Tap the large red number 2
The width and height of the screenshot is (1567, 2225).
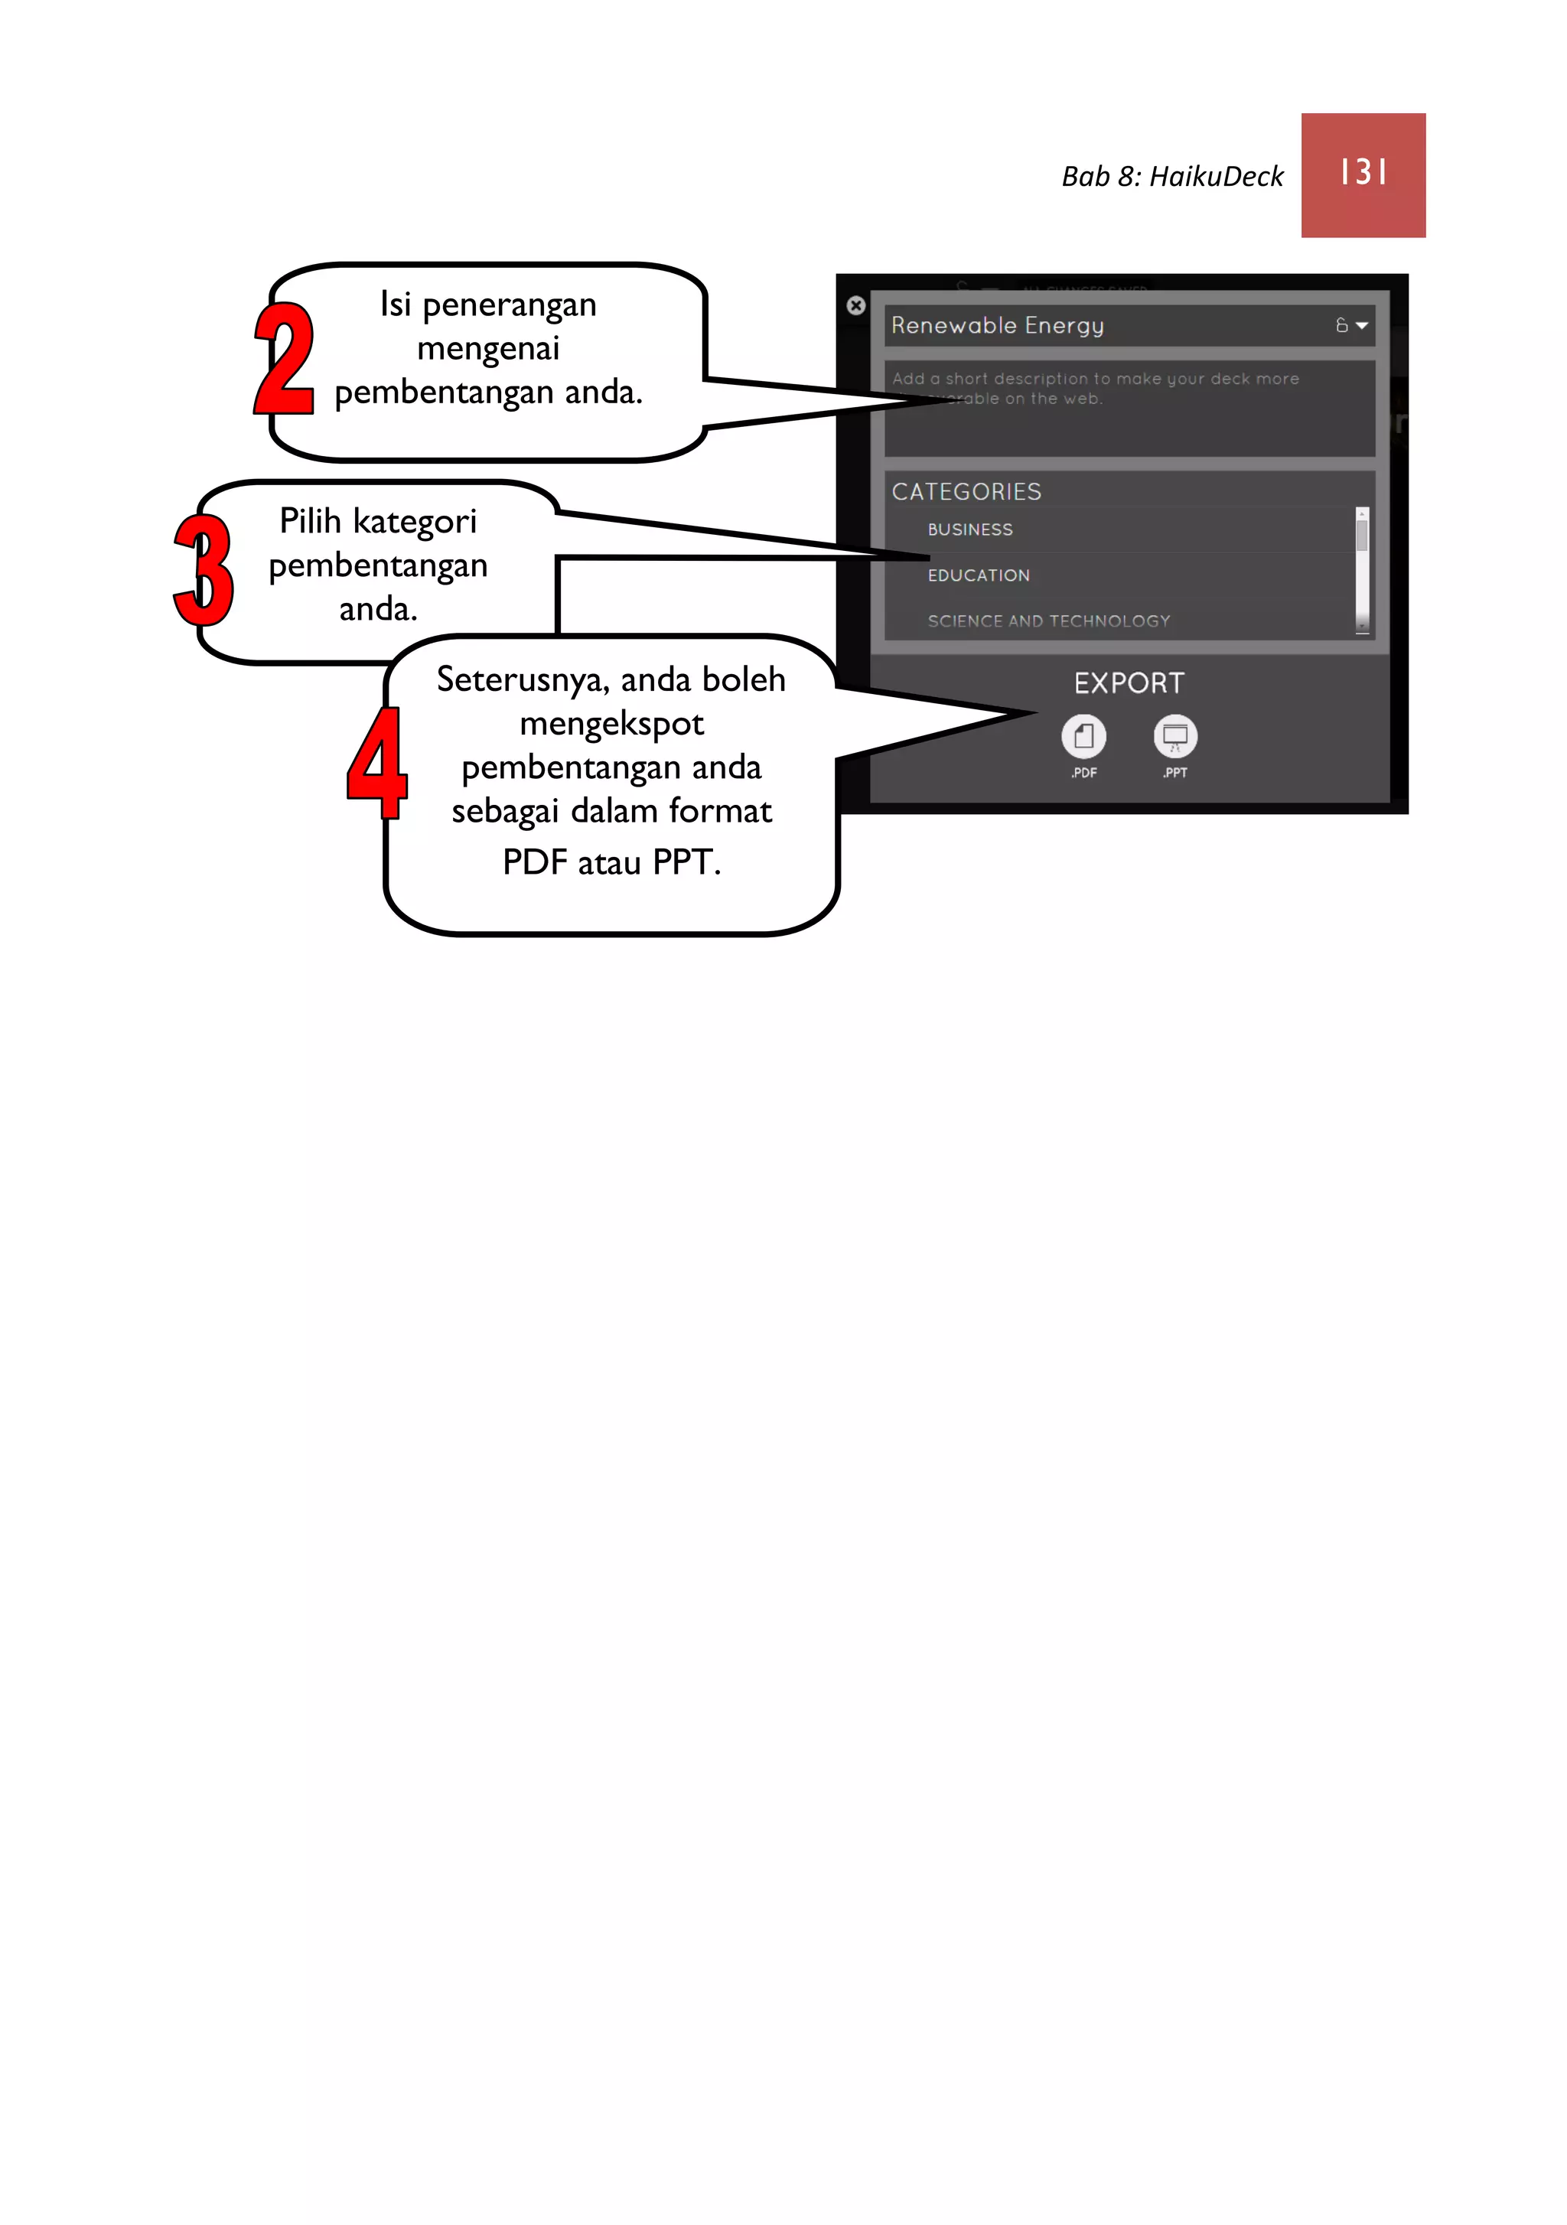click(284, 359)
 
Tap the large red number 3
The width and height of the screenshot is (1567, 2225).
click(204, 570)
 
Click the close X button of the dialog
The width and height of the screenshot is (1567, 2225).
click(855, 305)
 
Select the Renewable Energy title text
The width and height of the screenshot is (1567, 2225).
click(997, 326)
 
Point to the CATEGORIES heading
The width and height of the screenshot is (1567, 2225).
click(966, 492)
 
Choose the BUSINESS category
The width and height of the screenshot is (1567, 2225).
click(970, 530)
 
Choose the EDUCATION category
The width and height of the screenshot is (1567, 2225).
click(979, 575)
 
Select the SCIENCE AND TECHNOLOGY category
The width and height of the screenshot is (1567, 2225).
click(1048, 621)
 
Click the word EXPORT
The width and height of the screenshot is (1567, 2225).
click(1129, 683)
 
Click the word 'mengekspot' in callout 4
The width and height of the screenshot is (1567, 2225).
click(611, 724)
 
